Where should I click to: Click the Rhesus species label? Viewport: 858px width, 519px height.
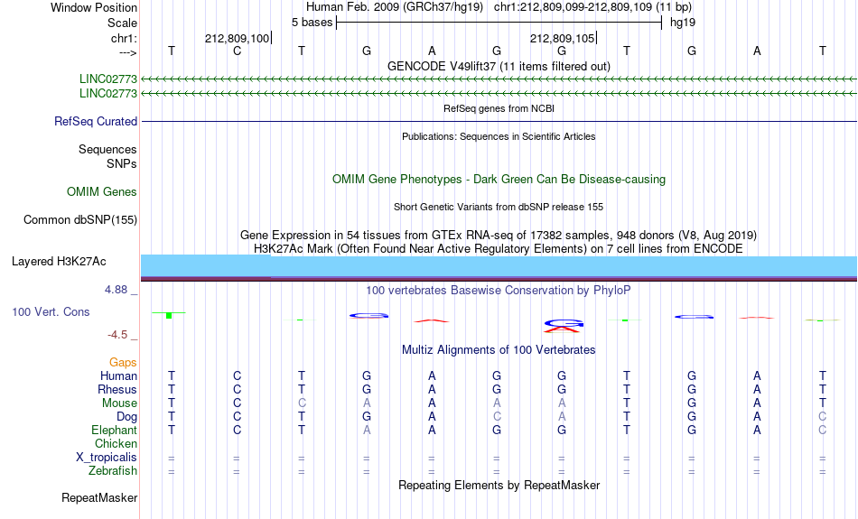point(117,389)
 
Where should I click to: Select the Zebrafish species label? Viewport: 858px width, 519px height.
point(113,471)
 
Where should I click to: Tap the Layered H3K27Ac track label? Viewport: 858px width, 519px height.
point(59,262)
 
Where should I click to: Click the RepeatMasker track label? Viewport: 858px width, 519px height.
point(99,497)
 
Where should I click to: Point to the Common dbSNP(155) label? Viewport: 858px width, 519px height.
point(80,220)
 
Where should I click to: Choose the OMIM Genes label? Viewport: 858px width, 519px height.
point(102,192)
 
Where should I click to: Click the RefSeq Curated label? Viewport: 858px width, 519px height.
point(96,122)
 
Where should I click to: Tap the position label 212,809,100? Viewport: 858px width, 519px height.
point(238,38)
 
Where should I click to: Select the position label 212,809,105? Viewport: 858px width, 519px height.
point(562,38)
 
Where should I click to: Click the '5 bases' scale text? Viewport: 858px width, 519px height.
point(312,23)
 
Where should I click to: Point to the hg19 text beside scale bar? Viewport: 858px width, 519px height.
point(683,23)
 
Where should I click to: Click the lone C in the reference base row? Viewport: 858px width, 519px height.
point(237,51)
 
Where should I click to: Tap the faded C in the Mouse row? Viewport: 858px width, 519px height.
point(302,403)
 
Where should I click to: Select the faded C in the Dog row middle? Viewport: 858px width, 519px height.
point(497,417)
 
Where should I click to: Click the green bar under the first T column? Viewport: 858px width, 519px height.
point(169,316)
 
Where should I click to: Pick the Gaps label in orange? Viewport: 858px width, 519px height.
point(123,363)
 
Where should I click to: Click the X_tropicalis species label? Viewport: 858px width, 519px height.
point(107,458)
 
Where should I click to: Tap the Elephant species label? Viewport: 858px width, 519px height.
point(115,431)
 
